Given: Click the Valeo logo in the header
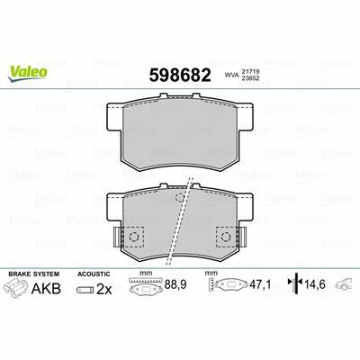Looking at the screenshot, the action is pyautogui.click(x=28, y=74).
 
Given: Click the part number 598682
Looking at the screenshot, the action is pyautogui.click(x=180, y=75).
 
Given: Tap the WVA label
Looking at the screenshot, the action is pyautogui.click(x=231, y=76).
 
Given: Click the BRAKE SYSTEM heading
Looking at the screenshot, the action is pyautogui.click(x=34, y=274).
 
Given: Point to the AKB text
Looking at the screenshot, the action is pyautogui.click(x=46, y=288).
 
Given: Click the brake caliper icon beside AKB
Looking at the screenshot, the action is pyautogui.click(x=16, y=287).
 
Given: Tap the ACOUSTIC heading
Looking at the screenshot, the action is pyautogui.click(x=94, y=274).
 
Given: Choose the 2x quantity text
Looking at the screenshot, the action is pyautogui.click(x=103, y=290).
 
